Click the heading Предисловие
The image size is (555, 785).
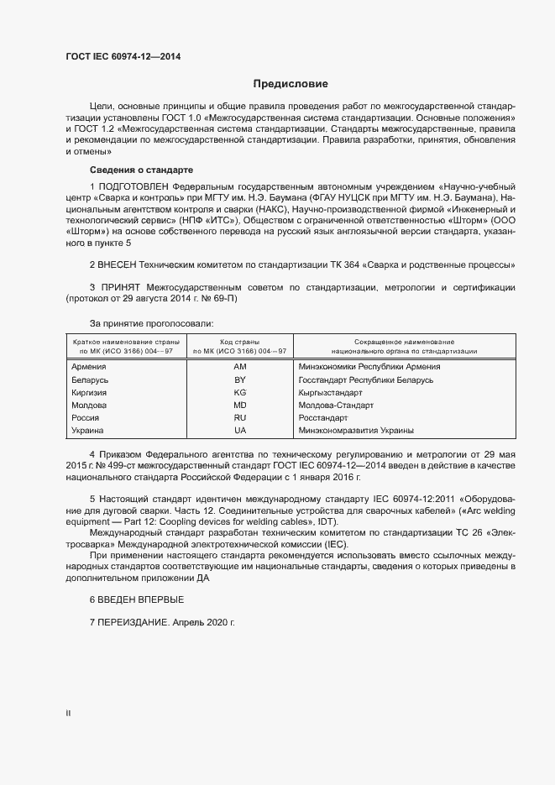tap(291, 84)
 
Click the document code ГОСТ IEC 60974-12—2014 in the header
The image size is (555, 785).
tap(123, 57)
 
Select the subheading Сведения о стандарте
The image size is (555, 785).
tap(141, 170)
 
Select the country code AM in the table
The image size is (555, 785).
tap(239, 367)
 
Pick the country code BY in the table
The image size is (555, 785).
tap(239, 379)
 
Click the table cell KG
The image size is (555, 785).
tap(239, 392)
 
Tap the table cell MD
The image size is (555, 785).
tap(239, 405)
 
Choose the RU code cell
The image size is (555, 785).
tap(239, 417)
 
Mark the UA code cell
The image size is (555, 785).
tap(239, 430)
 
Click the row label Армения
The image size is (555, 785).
tap(89, 367)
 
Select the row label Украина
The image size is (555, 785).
tap(88, 430)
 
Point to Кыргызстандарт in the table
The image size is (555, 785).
tap(330, 392)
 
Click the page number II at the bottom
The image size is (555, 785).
tap(68, 713)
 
